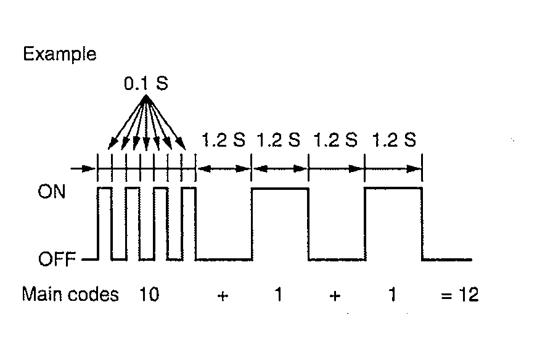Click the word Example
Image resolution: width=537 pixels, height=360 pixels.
tap(60, 55)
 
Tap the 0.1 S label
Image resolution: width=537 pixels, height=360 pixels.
tap(146, 84)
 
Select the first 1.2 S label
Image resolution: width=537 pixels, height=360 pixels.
tap(224, 140)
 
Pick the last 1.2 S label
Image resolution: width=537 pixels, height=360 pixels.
tap(394, 140)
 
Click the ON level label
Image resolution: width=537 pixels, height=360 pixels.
tap(51, 192)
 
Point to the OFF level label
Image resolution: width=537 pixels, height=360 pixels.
tap(57, 259)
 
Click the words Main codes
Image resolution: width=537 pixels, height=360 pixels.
tap(70, 295)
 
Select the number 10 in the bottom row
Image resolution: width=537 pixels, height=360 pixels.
tap(149, 295)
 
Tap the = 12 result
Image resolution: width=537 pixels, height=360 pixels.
tap(459, 295)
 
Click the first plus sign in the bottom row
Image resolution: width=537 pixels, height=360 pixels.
tap(223, 296)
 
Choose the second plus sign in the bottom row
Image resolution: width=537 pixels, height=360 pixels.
tap(335, 296)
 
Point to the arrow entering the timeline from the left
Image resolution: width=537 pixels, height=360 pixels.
tap(83, 168)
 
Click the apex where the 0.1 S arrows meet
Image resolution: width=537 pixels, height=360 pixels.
tap(146, 96)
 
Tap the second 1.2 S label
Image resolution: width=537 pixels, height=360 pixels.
tap(279, 140)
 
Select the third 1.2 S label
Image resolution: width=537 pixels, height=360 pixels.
tap(335, 140)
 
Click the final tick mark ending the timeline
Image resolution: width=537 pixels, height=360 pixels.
tap(422, 168)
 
